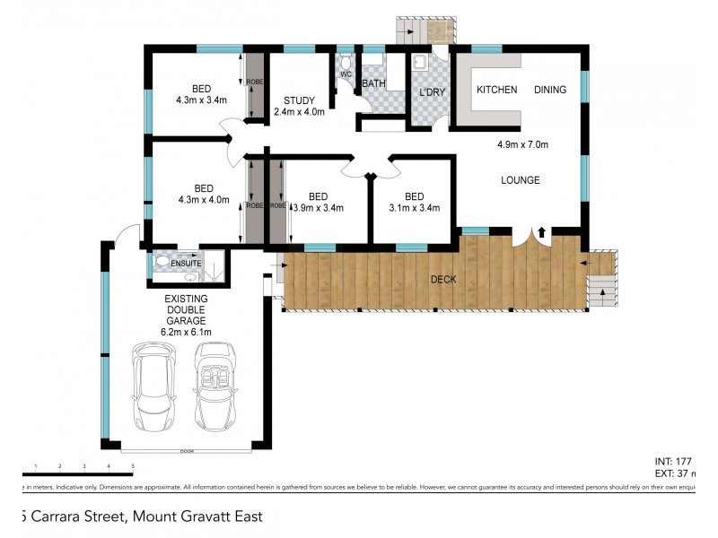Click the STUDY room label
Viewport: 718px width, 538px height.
298,100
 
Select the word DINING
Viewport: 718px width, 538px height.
551,90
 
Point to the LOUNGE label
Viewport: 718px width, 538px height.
521,180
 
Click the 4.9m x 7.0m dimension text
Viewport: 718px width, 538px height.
522,144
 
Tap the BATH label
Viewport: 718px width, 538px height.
373,84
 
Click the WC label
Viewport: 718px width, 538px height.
345,74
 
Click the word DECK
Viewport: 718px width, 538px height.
442,280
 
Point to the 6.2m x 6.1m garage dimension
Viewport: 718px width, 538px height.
186,332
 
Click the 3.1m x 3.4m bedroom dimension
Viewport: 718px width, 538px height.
414,208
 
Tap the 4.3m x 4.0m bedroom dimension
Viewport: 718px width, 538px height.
203,200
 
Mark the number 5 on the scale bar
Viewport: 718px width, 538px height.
133,466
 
